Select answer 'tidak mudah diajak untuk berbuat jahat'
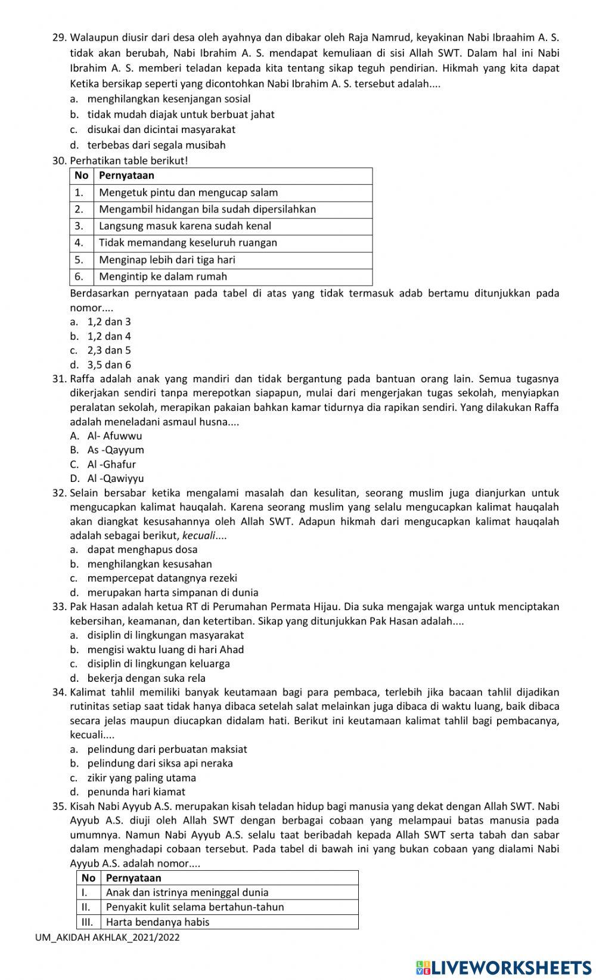181,114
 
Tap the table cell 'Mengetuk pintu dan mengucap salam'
188,192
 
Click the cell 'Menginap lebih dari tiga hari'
167,259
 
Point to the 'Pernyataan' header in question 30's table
126,175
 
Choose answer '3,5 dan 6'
109,364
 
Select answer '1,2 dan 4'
109,336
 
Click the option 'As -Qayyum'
116,450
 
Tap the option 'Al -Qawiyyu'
116,478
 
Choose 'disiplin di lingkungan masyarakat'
165,635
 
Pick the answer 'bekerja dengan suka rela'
146,678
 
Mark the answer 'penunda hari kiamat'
136,792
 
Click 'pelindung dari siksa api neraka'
160,763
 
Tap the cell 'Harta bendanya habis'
157,922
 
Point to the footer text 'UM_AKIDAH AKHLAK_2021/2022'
107,937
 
